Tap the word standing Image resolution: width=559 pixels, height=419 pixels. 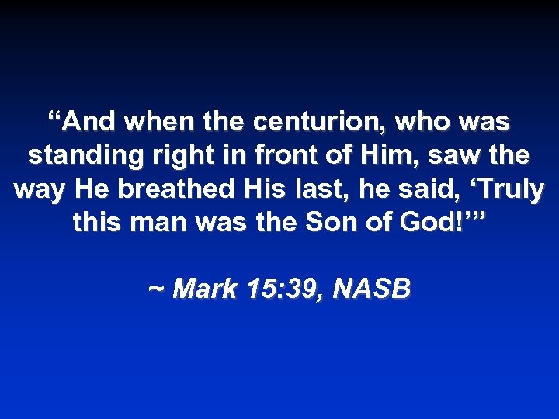coord(78,156)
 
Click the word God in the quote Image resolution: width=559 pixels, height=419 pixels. coord(440,223)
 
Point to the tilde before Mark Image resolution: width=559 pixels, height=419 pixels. coord(156,289)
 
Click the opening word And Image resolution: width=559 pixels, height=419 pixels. coord(85,122)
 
